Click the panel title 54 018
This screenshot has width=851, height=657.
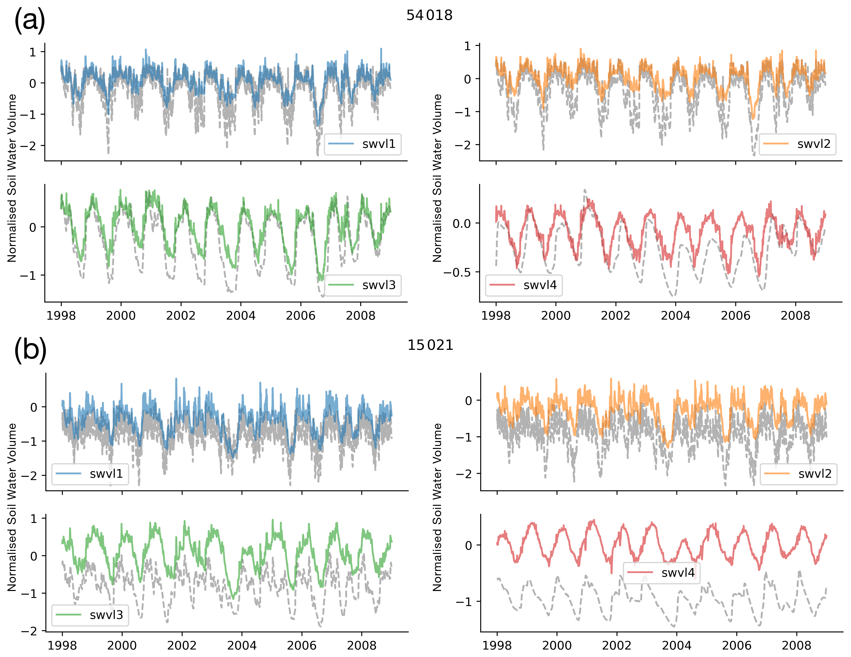tap(429, 15)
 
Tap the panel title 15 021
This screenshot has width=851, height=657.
tap(430, 345)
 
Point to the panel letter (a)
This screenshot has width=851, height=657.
tap(30, 20)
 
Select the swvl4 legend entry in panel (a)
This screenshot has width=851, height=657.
tap(524, 285)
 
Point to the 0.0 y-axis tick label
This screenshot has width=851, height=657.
tap(462, 224)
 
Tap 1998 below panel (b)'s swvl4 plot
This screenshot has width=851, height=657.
tap(497, 645)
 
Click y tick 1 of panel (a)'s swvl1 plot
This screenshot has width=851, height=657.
tap(33, 52)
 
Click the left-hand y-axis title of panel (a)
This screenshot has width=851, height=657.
tap(12, 178)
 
